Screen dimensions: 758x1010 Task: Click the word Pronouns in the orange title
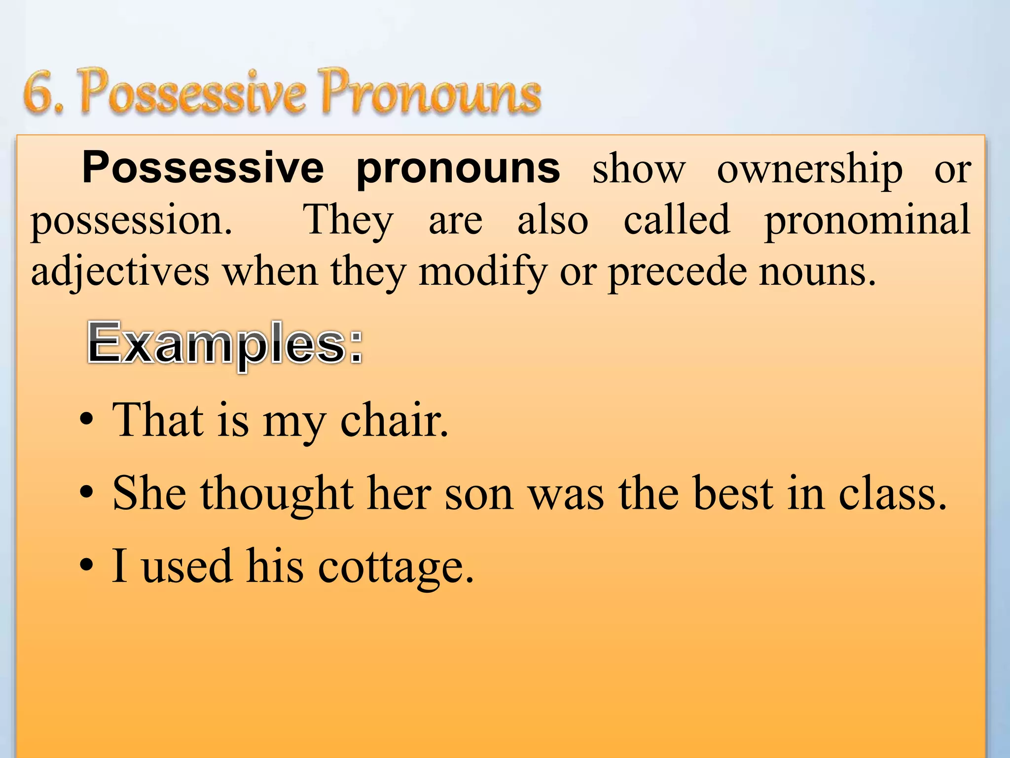[431, 92]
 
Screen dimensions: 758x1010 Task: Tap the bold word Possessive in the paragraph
[203, 168]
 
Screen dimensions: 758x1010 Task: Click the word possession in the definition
[130, 221]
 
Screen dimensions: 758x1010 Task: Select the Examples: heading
[225, 343]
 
